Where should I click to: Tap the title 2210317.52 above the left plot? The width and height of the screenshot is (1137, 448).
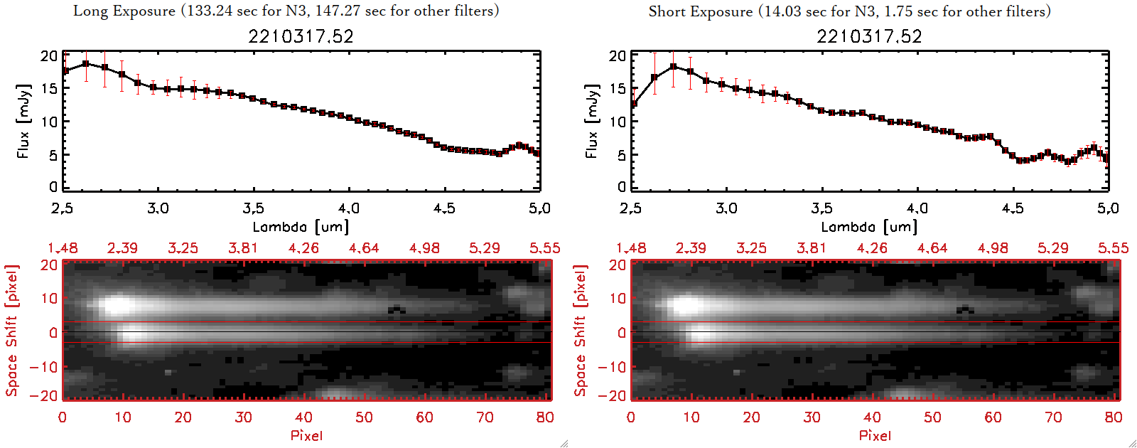click(301, 36)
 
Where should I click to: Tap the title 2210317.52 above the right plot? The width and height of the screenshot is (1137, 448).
click(869, 36)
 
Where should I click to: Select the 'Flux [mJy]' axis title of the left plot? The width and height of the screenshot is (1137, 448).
click(23, 121)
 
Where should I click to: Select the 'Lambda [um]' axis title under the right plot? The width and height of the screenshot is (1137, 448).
click(869, 227)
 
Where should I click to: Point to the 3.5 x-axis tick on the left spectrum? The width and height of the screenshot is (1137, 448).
click(253, 208)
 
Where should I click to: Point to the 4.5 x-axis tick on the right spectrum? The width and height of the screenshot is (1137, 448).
click(1013, 208)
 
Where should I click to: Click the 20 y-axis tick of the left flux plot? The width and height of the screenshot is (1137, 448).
click(49, 55)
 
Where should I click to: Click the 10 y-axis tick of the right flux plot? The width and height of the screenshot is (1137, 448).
click(618, 122)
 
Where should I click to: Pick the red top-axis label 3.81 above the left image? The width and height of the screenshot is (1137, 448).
click(243, 248)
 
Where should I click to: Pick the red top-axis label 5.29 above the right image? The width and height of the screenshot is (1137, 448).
click(1052, 248)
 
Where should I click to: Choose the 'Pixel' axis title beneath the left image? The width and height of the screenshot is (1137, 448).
click(306, 435)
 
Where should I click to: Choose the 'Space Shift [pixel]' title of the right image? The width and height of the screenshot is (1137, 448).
click(580, 331)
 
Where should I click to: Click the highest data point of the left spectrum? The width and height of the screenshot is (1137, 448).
click(86, 63)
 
